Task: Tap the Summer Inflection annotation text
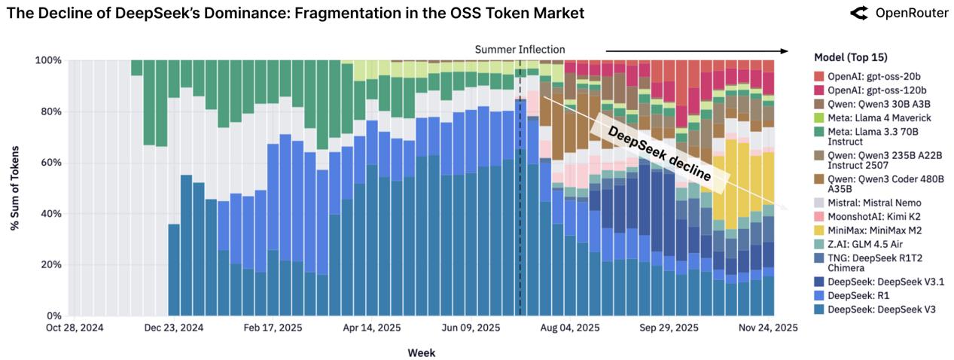(519, 50)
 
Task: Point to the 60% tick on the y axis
(50, 163)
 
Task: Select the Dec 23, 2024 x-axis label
(174, 328)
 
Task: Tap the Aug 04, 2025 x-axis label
(571, 328)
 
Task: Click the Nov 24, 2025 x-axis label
(767, 328)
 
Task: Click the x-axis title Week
(421, 352)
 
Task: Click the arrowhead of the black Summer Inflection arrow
(785, 51)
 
